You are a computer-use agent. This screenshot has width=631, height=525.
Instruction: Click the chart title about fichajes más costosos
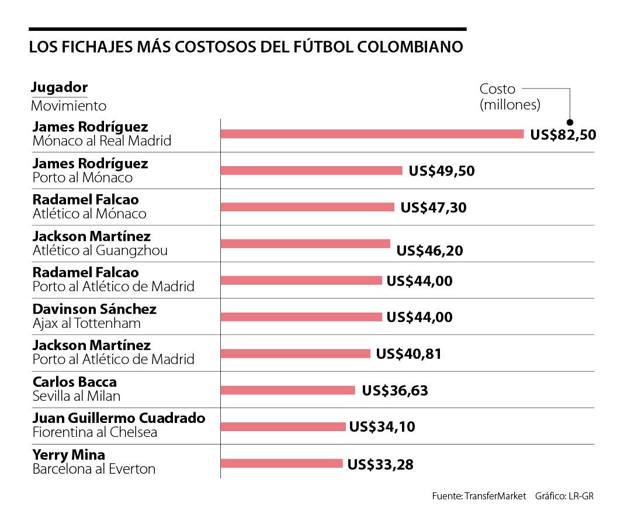(x=246, y=47)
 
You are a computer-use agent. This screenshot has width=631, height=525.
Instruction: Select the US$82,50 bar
(x=372, y=134)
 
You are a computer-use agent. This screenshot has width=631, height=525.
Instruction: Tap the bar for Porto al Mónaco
(x=311, y=170)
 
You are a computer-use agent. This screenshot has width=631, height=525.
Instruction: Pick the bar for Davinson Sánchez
(x=301, y=317)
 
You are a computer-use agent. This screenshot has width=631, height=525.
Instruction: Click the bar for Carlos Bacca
(x=287, y=390)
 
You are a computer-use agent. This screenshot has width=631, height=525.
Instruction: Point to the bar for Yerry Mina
(x=282, y=463)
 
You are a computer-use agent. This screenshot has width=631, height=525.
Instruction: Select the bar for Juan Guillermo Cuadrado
(x=283, y=426)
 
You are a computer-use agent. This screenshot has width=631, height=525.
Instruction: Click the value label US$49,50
(x=442, y=170)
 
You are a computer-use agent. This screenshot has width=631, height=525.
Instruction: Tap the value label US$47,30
(x=434, y=207)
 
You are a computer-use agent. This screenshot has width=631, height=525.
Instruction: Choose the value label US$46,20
(x=429, y=250)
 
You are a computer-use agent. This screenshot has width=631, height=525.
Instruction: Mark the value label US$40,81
(x=408, y=353)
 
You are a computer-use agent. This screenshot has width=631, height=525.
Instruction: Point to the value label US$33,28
(x=380, y=464)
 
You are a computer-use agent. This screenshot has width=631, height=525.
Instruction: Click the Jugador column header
(x=59, y=87)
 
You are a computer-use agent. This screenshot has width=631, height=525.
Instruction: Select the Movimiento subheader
(x=68, y=106)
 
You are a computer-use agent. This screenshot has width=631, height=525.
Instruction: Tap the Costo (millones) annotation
(x=509, y=97)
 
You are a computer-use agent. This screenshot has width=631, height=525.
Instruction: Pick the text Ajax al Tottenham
(x=86, y=323)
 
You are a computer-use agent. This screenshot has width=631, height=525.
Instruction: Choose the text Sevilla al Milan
(x=77, y=396)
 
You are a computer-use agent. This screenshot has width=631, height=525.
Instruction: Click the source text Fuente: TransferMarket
(x=479, y=496)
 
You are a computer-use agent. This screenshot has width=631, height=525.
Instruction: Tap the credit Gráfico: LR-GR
(x=565, y=496)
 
